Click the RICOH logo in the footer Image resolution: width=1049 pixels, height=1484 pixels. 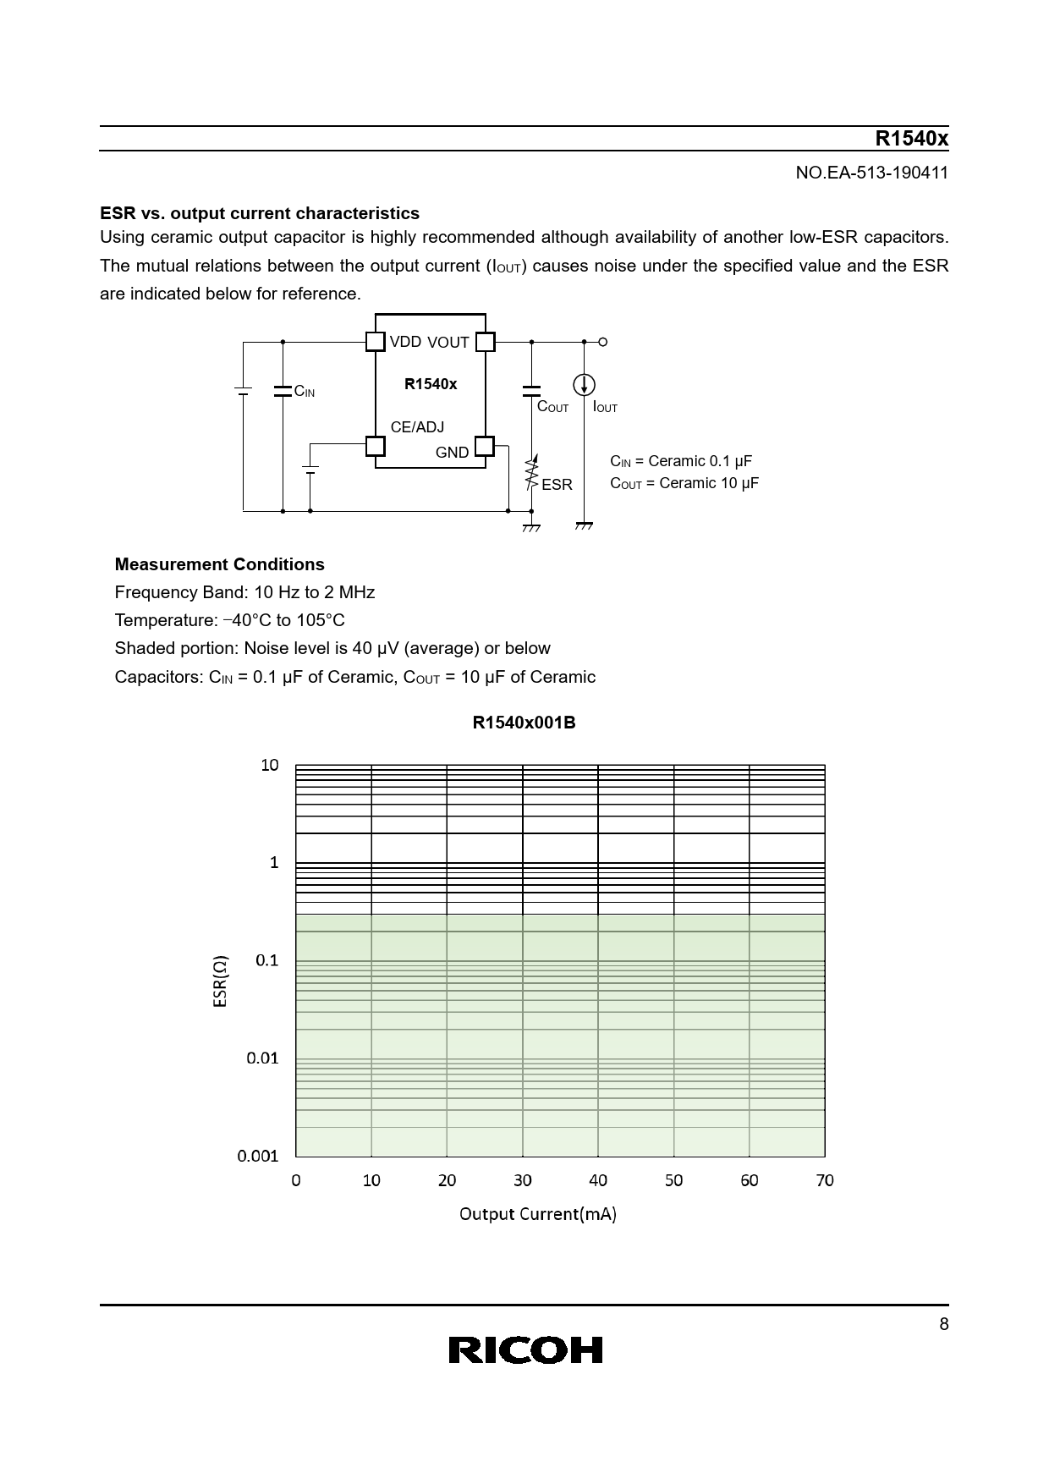coord(525,1349)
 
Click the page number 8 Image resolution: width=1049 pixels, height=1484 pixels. coord(944,1325)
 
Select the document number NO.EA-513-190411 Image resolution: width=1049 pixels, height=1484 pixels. coord(872,173)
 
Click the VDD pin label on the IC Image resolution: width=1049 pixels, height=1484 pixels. coord(405,341)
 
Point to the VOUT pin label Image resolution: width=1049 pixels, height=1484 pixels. coord(448,343)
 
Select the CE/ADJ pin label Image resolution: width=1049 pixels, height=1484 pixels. coord(417,427)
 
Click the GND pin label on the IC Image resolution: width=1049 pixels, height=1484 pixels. coord(452,453)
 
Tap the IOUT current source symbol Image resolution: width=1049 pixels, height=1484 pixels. coord(584,385)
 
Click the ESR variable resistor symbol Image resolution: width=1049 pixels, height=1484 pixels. coord(531,474)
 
